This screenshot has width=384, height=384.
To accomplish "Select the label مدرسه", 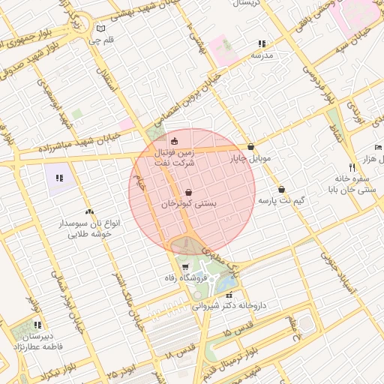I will pyautogui.click(x=262, y=55).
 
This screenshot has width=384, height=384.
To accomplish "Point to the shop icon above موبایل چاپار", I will pyautogui.click(x=250, y=147).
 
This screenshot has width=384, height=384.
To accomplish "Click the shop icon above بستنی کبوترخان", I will pyautogui.click(x=187, y=191).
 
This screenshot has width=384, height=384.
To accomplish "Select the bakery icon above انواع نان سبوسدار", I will pyautogui.click(x=90, y=213).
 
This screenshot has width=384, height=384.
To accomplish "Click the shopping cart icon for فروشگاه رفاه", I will pyautogui.click(x=185, y=267).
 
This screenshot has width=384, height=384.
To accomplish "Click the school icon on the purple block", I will pyautogui.click(x=59, y=178).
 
